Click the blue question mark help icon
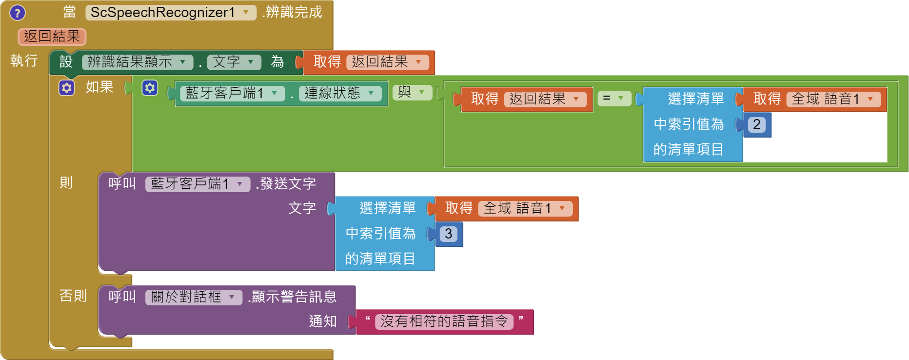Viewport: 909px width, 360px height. [18, 13]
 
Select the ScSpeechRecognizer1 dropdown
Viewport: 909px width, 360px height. [171, 13]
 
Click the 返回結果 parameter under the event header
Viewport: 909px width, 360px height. [52, 37]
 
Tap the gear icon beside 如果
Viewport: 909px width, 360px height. [67, 88]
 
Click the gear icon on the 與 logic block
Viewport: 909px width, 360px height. [150, 88]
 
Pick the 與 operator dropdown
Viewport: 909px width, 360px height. [413, 92]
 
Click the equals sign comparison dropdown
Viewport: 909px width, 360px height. [613, 98]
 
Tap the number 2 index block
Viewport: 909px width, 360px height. [756, 124]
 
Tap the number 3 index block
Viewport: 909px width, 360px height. [448, 234]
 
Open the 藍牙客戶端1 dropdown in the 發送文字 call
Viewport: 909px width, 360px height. [198, 184]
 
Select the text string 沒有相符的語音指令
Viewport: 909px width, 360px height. [444, 321]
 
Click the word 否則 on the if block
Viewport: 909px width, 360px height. [73, 296]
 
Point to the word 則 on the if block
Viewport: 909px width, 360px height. [66, 183]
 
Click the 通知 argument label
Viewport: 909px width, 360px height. [322, 321]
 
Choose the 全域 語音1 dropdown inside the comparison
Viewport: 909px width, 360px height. [833, 99]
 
